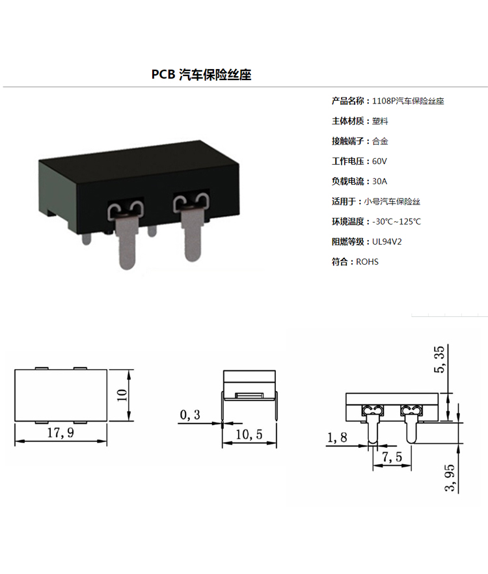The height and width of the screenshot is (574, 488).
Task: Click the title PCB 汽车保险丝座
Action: (201, 74)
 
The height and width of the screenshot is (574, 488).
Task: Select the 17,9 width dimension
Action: (61, 433)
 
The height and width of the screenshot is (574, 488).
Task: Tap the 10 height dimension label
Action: (122, 395)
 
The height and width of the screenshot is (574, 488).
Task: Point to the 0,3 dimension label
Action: (190, 415)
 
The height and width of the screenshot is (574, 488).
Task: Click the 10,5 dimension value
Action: (249, 435)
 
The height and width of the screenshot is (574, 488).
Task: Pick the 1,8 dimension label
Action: (337, 437)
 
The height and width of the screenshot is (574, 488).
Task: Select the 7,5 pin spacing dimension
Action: (392, 457)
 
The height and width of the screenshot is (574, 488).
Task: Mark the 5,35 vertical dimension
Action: (439, 359)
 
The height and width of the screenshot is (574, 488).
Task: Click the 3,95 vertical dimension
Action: (450, 478)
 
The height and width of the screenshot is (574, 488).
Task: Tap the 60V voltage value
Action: (379, 161)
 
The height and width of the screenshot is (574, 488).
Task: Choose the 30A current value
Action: (379, 181)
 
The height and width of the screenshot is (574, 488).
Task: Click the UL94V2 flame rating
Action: (387, 241)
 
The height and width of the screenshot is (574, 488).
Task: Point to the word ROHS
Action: (367, 262)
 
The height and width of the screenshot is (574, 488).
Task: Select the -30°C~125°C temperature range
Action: (396, 221)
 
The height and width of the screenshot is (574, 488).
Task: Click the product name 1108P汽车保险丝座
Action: (408, 101)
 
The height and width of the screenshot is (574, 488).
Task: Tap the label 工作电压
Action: (348, 161)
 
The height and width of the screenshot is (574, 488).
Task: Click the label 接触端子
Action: (348, 141)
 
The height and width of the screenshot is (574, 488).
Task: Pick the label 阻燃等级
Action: (348, 241)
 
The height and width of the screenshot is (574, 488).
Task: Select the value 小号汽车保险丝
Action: (392, 201)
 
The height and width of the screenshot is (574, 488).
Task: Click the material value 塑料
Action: (380, 121)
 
